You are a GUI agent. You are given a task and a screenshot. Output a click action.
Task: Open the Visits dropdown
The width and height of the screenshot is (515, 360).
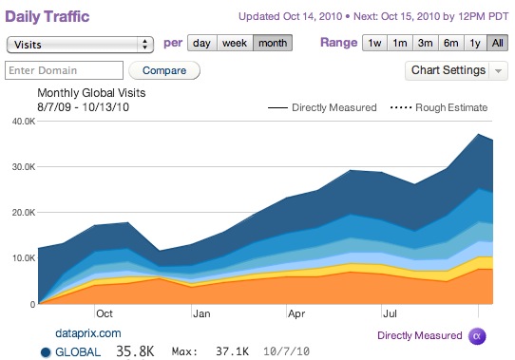coord(80,44)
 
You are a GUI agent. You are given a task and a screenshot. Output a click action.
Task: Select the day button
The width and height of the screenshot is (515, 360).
coord(201,44)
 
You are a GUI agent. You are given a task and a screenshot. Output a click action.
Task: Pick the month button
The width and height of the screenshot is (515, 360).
coord(272,44)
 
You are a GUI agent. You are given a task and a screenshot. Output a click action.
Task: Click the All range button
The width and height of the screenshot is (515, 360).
coord(497,44)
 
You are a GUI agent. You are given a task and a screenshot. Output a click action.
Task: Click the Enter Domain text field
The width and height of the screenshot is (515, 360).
coord(65,70)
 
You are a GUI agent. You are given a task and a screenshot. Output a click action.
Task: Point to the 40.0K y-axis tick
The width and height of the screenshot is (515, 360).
coord(22,121)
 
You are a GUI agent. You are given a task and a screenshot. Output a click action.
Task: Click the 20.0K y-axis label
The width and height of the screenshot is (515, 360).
coord(22,213)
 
